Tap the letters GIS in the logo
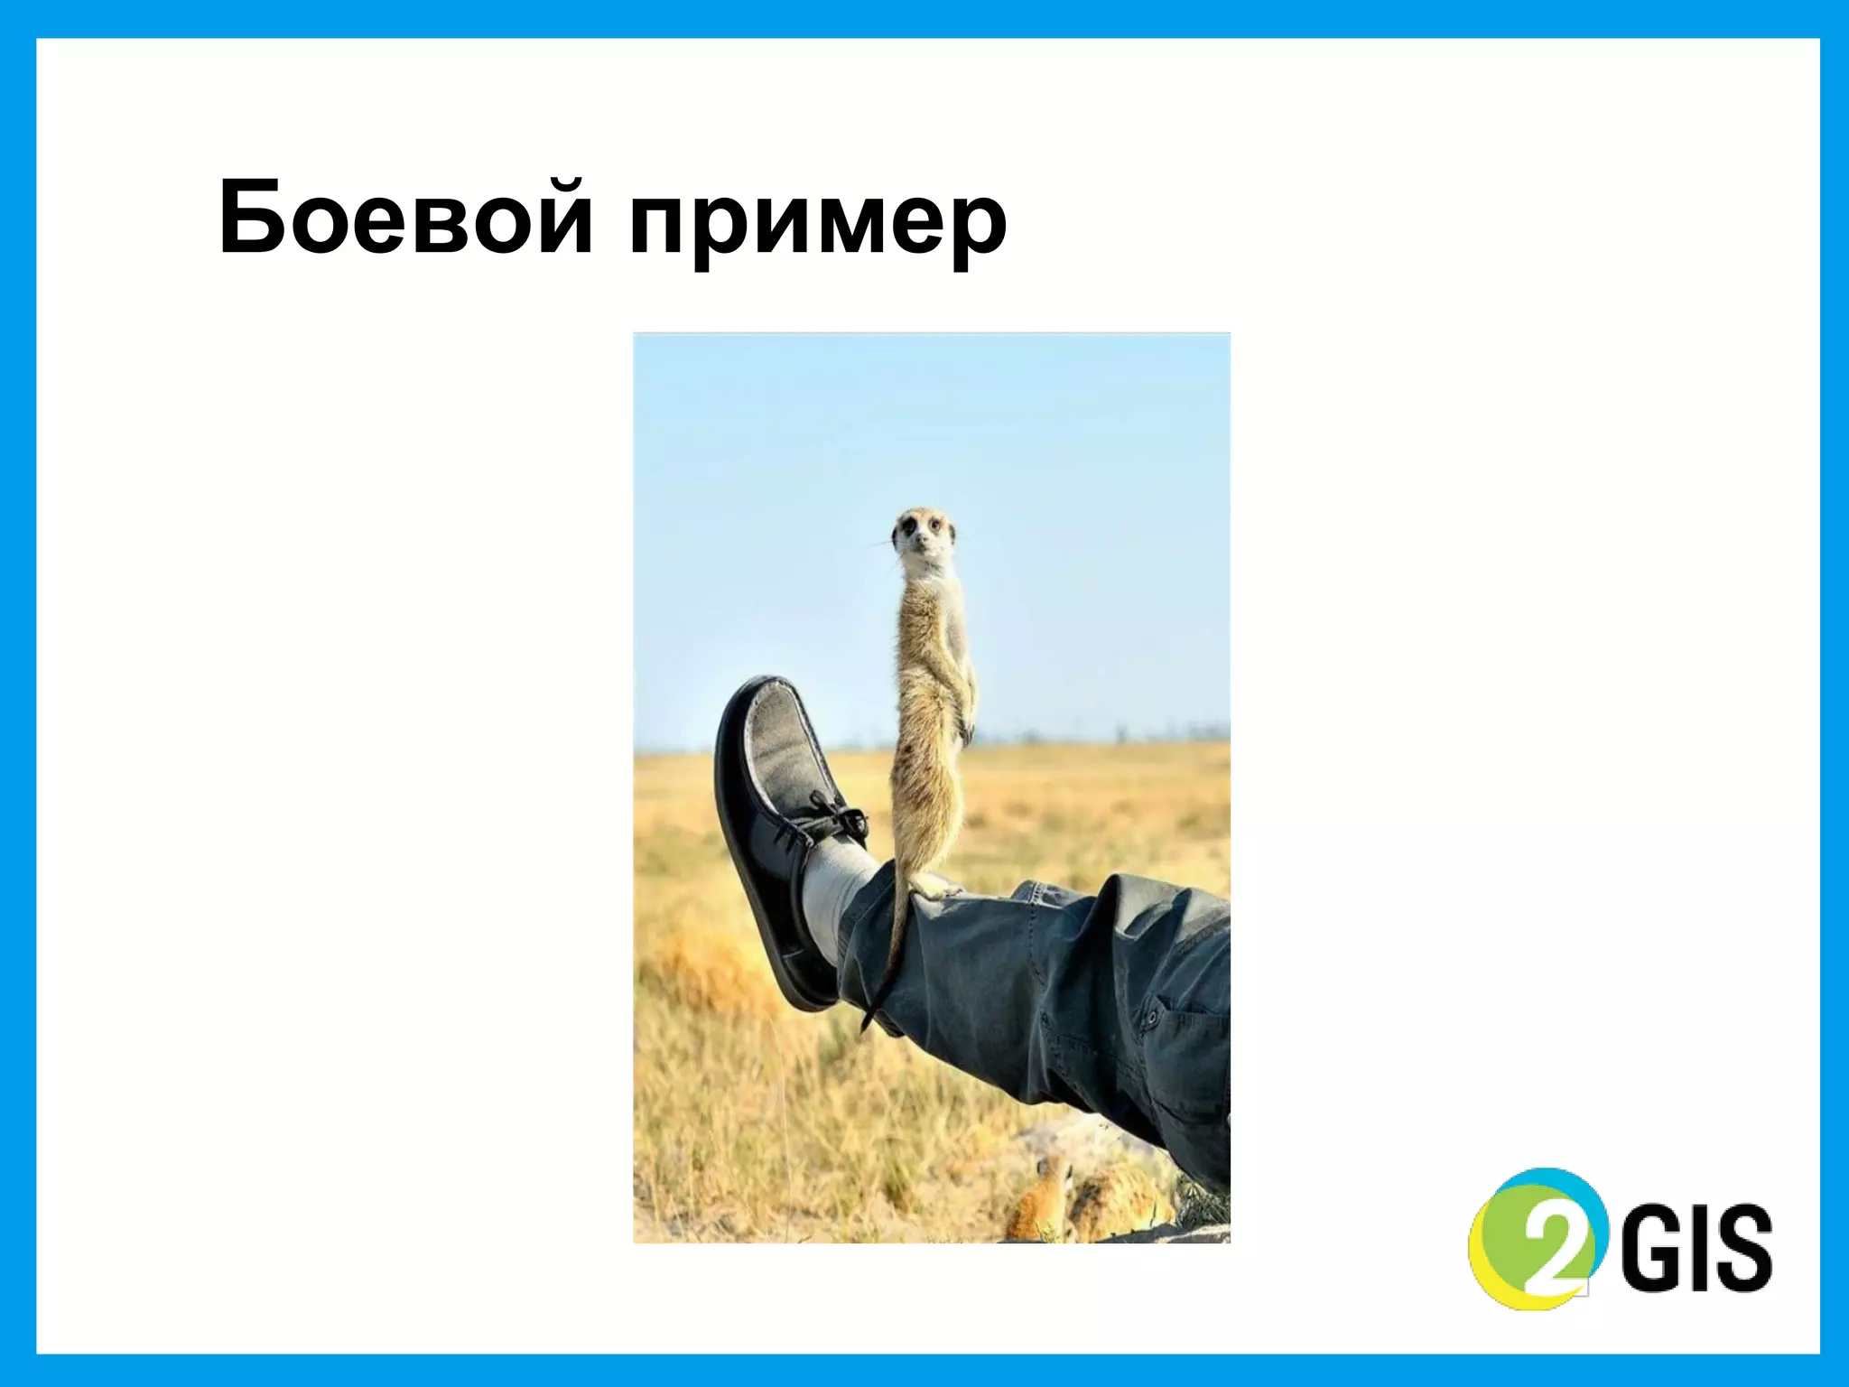1697,1246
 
